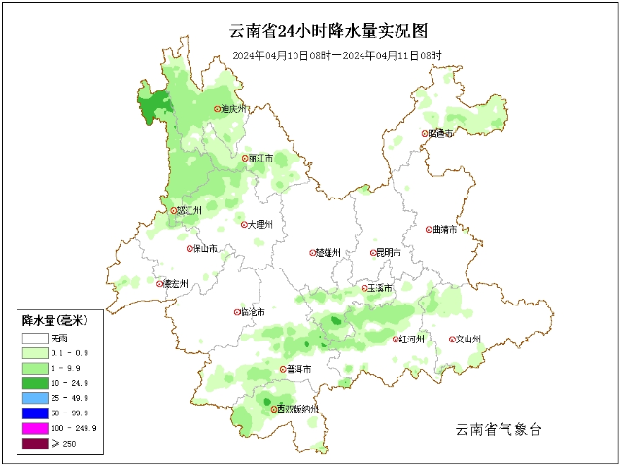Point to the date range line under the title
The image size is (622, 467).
337,55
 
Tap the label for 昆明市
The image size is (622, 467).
389,253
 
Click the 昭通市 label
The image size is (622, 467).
441,134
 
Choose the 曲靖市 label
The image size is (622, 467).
445,230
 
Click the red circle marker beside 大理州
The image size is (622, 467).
244,224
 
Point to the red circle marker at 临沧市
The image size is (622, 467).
237,312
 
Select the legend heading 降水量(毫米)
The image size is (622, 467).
55,320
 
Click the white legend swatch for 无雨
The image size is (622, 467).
35,337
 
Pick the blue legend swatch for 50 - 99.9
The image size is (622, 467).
35,413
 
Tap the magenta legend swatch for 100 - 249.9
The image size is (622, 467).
35,429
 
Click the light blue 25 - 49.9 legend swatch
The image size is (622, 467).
35,398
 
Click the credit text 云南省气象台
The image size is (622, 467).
498,429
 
